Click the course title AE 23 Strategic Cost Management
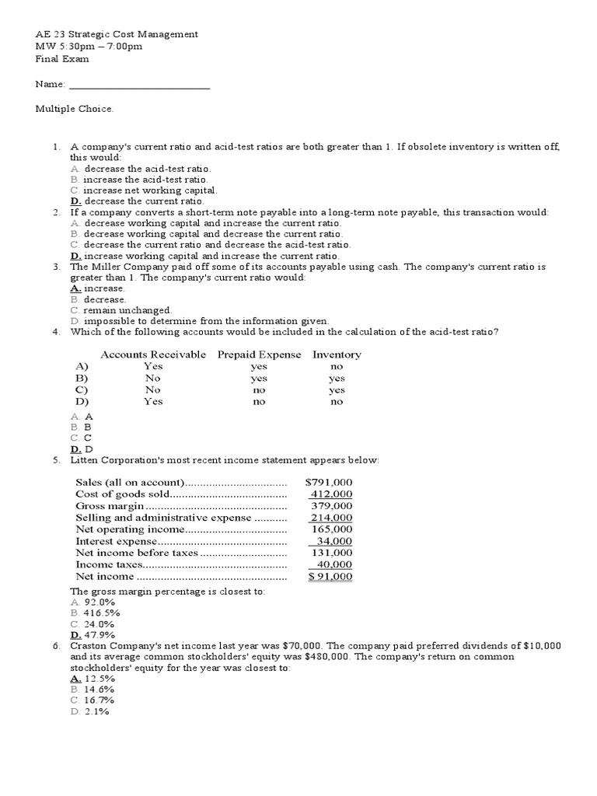pos(117,34)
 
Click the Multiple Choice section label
pos(75,108)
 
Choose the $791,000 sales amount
pos(329,482)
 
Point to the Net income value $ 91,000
pos(330,576)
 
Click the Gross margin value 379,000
pos(332,505)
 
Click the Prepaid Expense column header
pos(259,354)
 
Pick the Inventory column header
pos(337,354)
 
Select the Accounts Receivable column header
pos(154,354)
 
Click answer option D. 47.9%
pos(93,634)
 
